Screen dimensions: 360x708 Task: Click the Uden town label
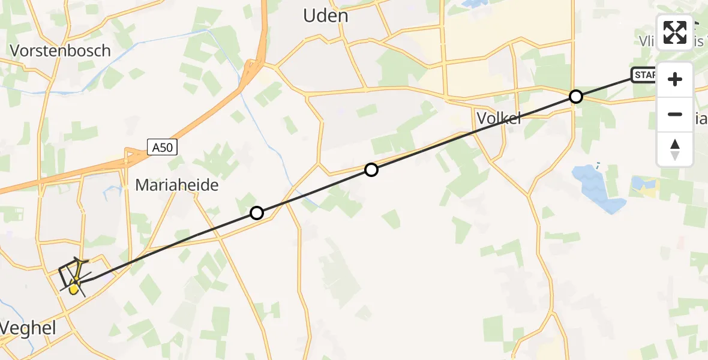tap(326, 16)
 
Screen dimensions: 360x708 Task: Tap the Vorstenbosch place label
tap(61, 50)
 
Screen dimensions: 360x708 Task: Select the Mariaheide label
tap(177, 185)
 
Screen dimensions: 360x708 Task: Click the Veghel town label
tap(28, 328)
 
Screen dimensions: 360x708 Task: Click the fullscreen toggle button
tap(675, 32)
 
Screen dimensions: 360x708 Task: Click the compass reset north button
tap(675, 149)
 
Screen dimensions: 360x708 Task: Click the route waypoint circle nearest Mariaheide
tap(257, 213)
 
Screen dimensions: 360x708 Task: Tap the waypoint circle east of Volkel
tap(575, 97)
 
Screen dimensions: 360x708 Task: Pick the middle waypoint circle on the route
tap(371, 170)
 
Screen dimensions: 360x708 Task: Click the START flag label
tap(643, 75)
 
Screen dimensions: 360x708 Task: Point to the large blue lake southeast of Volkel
tap(597, 188)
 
